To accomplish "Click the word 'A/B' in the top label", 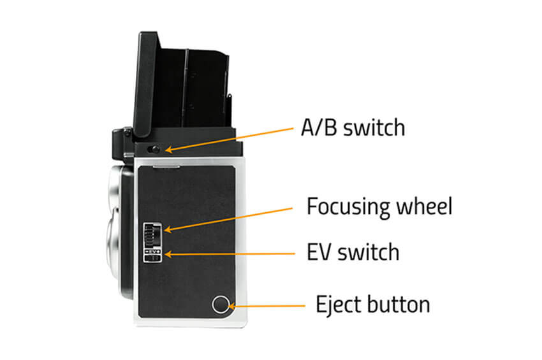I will point(320,127).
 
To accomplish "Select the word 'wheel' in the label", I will point(423,206).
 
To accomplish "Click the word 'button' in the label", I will point(399,304).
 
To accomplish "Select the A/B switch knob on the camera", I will point(154,150).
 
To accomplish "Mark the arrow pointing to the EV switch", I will point(229,254).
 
